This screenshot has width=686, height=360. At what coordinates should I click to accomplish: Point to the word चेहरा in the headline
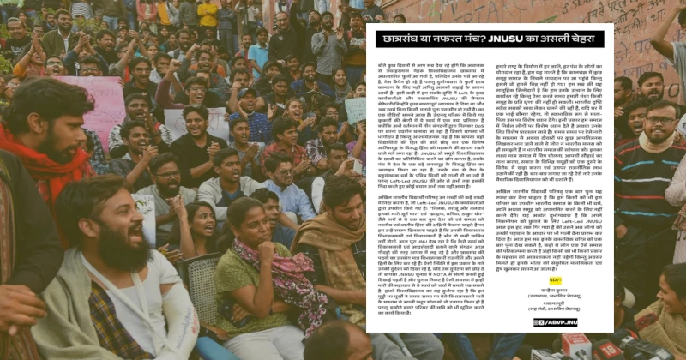[x=590, y=39]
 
